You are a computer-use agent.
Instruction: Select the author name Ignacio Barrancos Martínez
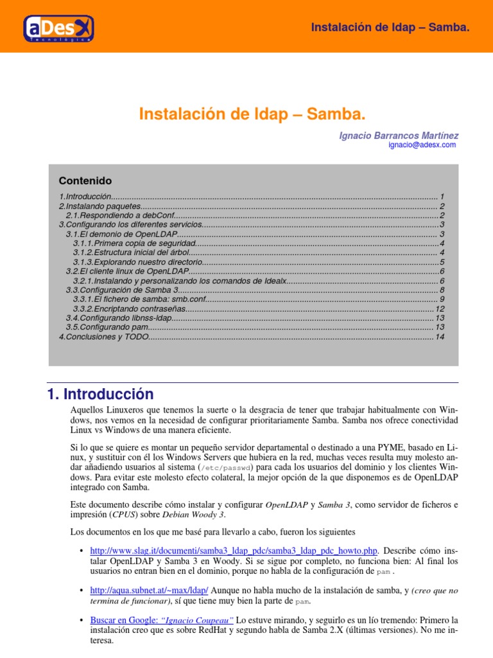pyautogui.click(x=399, y=136)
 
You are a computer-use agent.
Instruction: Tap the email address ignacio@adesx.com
pyautogui.click(x=422, y=145)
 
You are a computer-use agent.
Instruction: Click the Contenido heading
pyautogui.click(x=85, y=181)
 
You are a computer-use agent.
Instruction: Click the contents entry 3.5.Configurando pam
pyautogui.click(x=103, y=328)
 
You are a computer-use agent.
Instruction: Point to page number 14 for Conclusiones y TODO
pyautogui.click(x=440, y=337)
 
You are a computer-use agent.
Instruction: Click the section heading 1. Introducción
pyautogui.click(x=101, y=394)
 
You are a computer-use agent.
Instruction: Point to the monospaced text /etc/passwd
pyautogui.click(x=227, y=467)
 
